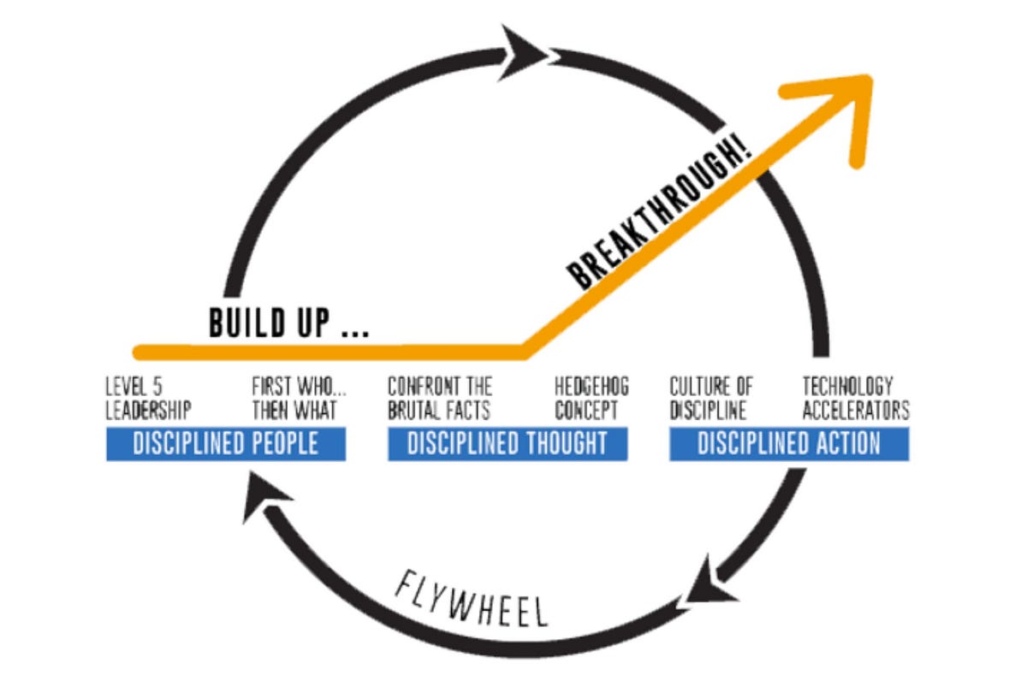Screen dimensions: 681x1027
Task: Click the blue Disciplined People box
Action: click(x=225, y=444)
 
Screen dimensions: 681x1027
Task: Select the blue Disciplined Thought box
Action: click(x=507, y=444)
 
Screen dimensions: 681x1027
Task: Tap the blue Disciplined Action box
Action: click(x=788, y=444)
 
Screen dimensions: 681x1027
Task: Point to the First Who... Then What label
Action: click(x=294, y=399)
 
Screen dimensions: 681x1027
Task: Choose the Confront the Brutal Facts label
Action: click(x=440, y=399)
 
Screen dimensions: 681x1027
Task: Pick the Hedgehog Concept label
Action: click(x=591, y=399)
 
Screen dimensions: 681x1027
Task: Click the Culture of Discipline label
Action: click(x=711, y=399)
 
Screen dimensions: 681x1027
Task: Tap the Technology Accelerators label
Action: click(x=855, y=399)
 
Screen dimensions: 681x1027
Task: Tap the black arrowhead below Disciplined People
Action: click(x=259, y=501)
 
